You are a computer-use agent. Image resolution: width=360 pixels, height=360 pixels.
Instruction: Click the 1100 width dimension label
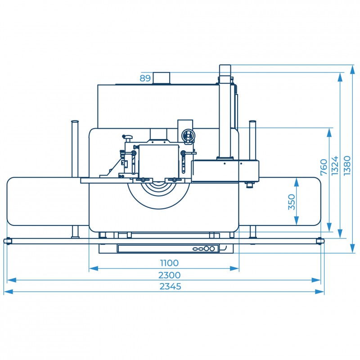[169, 263]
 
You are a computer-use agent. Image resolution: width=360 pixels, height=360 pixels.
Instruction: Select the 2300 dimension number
[170, 275]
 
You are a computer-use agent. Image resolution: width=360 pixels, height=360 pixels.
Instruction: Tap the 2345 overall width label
[171, 287]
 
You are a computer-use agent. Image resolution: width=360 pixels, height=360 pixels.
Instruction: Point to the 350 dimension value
[292, 202]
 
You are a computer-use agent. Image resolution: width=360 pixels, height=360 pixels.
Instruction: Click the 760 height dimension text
[324, 167]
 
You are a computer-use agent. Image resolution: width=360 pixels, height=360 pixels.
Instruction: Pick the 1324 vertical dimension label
[335, 166]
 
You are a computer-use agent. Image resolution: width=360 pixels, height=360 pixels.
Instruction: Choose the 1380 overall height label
[347, 166]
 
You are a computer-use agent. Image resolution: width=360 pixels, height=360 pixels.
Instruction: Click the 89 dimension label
[145, 78]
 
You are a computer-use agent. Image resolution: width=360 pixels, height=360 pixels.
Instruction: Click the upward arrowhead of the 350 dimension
[297, 182]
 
